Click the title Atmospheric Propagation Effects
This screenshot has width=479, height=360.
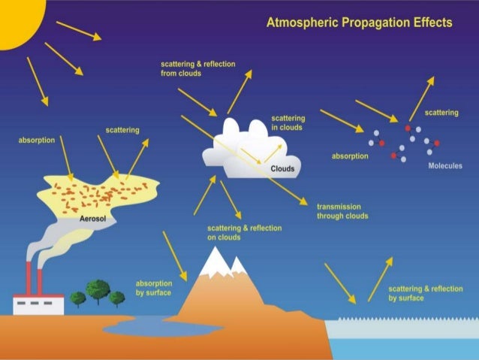359,23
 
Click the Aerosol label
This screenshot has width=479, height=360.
95,219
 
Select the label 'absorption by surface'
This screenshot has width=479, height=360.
153,288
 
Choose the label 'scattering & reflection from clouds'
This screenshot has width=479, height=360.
197,69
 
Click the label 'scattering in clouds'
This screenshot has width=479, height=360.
288,123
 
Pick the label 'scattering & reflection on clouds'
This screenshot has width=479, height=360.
233,232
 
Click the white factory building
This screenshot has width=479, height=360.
38,303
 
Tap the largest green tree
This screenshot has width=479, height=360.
98,290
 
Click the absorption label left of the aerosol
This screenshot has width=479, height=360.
35,140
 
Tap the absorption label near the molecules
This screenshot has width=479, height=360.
350,156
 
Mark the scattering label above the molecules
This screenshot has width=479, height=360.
441,113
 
